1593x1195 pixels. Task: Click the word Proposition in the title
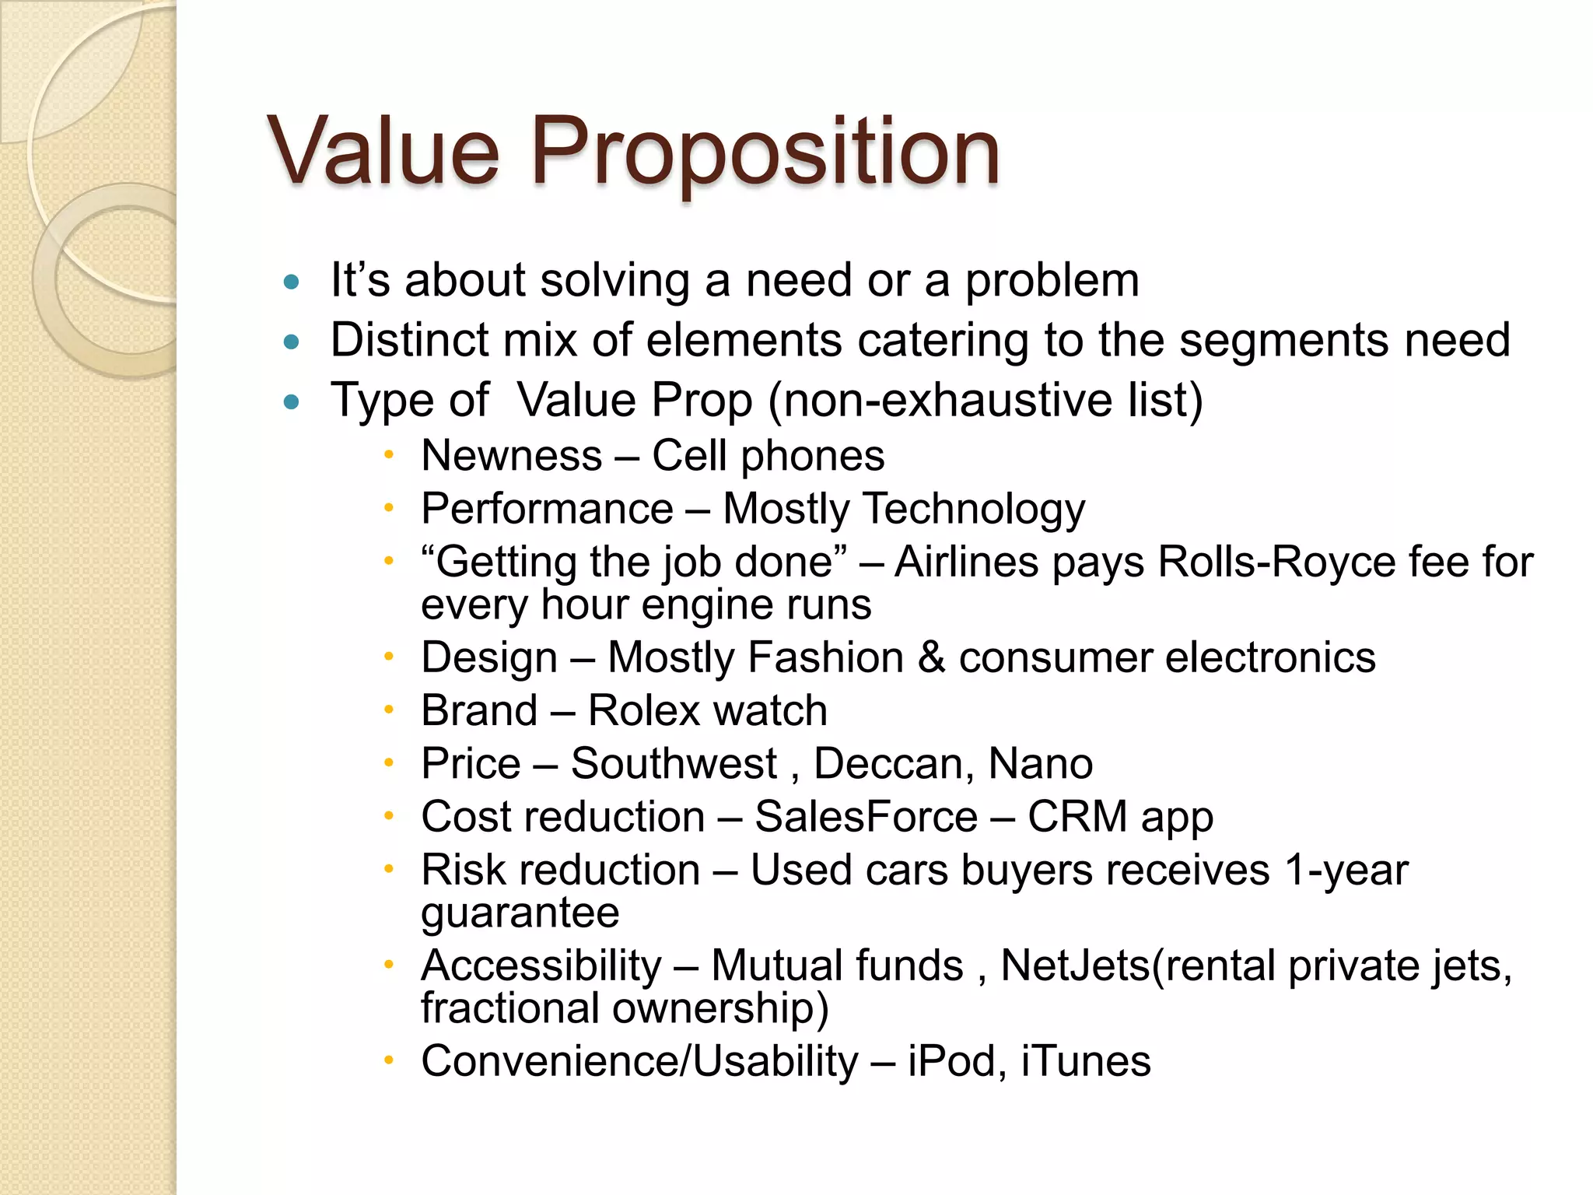(x=765, y=152)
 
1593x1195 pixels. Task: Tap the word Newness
(x=511, y=456)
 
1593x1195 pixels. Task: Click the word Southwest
(x=674, y=764)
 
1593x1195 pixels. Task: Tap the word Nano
(x=1040, y=764)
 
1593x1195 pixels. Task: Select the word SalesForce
(x=866, y=817)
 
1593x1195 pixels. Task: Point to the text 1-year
(x=1346, y=870)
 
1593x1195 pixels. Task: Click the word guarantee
(x=520, y=913)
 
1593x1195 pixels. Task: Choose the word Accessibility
(x=541, y=966)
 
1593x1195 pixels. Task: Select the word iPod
(x=952, y=1061)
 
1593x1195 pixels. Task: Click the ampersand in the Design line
(x=931, y=658)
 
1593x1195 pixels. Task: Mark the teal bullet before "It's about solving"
(x=292, y=282)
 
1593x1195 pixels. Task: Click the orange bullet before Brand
(x=389, y=710)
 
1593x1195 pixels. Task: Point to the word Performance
(x=547, y=510)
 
